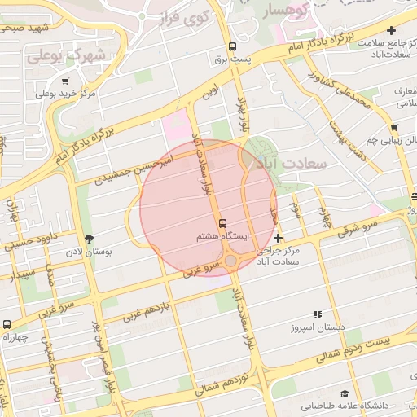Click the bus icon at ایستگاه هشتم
(x=222, y=223)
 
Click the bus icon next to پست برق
(x=233, y=46)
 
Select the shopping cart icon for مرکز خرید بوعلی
(x=65, y=81)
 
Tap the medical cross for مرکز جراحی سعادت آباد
(x=279, y=239)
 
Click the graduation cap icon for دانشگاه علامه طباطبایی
(x=345, y=393)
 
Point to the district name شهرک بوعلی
(x=67, y=56)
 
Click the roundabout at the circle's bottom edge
(x=231, y=261)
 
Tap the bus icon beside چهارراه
(x=7, y=324)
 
